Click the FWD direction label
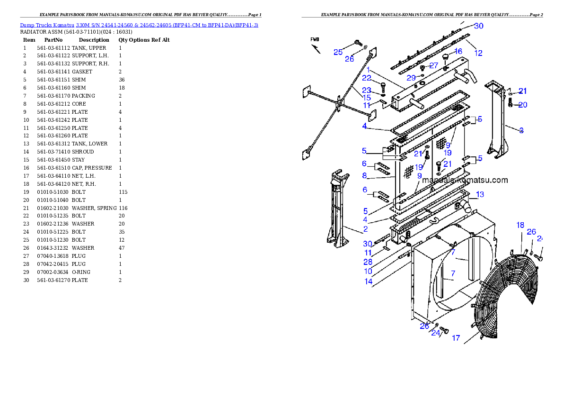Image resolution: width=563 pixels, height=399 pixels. pos(315,40)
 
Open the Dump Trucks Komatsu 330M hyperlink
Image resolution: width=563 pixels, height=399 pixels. pos(139,25)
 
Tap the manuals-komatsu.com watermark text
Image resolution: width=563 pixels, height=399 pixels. pos(465,180)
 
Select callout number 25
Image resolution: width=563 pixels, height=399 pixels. pos(338,52)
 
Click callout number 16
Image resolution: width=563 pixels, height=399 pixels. pos(458,51)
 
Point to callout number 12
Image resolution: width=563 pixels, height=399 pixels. pos(478,53)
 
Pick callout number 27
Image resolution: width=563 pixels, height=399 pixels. pos(433,66)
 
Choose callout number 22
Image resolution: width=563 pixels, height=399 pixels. pos(367,78)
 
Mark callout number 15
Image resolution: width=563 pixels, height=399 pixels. pos(367,98)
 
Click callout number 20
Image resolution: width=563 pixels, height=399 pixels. pos(522,105)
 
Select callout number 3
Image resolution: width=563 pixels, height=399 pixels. pos(521,130)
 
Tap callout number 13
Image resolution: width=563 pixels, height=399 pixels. pos(480,194)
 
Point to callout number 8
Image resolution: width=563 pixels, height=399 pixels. pos(364,175)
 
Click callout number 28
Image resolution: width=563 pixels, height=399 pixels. pos(368,262)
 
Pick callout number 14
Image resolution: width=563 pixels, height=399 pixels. pos(368,281)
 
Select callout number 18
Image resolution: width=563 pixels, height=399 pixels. pos(520,226)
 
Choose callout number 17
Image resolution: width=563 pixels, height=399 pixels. pos(456,338)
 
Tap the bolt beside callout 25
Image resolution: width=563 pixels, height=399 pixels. pos(357,44)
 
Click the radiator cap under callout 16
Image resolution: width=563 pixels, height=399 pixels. pos(445,58)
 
